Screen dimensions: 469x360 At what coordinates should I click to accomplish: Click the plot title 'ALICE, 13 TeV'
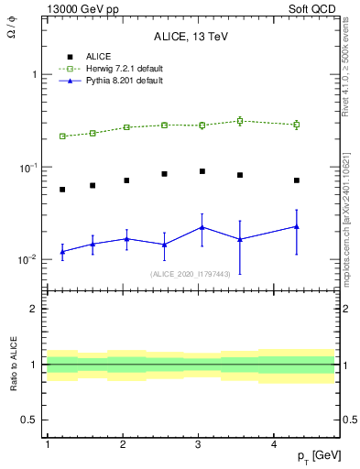tap(191, 37)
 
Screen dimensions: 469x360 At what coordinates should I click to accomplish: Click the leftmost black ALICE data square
tap(62, 190)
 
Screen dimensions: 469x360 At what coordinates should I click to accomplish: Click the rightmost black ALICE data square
tap(297, 180)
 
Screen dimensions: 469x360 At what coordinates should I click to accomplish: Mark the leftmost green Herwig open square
tap(62, 136)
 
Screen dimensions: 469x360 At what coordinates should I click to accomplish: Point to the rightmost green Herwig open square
tap(297, 125)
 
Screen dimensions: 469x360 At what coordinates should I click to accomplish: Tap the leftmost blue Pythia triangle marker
tap(62, 251)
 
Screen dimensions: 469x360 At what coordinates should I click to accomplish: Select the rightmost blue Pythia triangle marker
tap(297, 226)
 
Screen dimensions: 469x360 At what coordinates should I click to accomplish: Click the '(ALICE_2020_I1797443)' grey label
tap(191, 273)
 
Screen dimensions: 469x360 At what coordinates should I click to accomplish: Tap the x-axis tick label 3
tap(199, 444)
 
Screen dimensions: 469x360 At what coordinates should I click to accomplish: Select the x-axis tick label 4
tap(275, 444)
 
